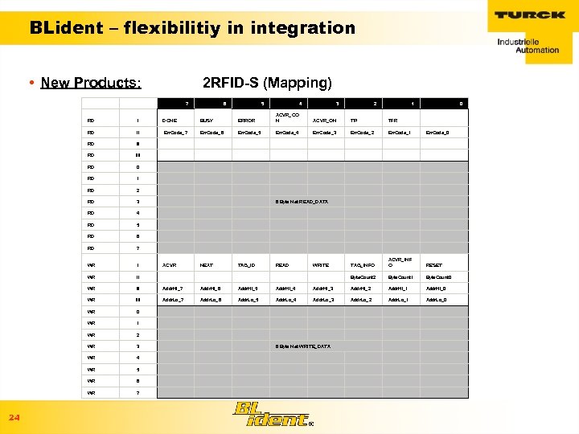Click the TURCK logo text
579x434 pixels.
click(x=531, y=15)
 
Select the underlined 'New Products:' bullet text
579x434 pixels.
click(x=91, y=83)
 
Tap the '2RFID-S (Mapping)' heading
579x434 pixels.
click(x=267, y=83)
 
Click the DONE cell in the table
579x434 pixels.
click(x=170, y=121)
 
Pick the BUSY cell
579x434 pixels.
click(x=207, y=121)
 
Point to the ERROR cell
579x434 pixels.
click(x=247, y=121)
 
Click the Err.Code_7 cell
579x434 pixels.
click(x=175, y=132)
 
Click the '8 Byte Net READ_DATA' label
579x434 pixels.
click(x=302, y=201)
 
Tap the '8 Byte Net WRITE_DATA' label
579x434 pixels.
click(x=302, y=346)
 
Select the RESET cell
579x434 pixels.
click(x=434, y=264)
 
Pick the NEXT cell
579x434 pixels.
click(x=207, y=264)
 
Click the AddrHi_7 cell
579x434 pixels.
click(x=173, y=288)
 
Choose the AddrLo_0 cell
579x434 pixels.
click(x=437, y=300)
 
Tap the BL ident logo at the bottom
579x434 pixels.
click(x=270, y=414)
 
